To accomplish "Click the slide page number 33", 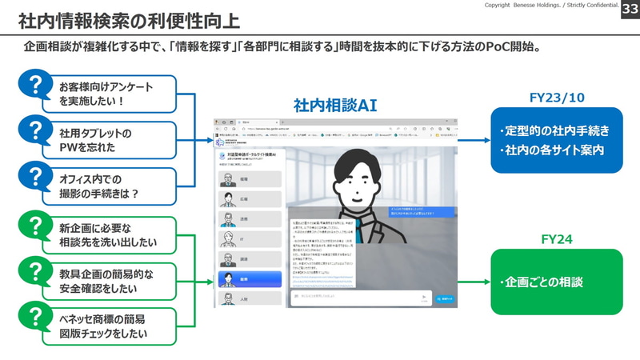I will pos(628,8).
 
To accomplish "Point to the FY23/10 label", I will pos(557,98).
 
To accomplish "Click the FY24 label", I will pos(557,238).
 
